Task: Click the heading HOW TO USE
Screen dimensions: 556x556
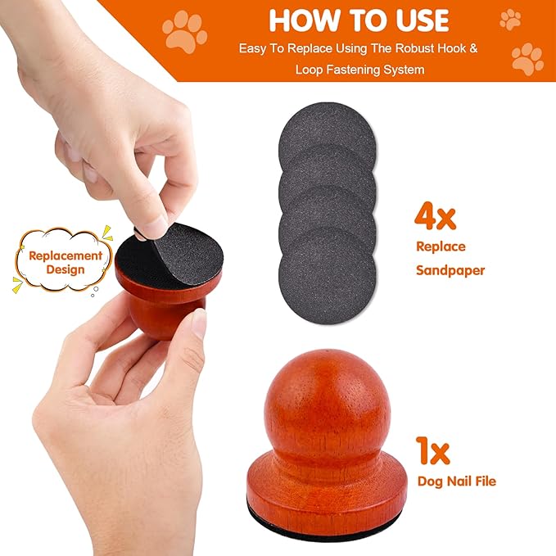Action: tap(359, 20)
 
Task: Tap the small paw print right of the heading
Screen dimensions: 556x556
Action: tap(510, 19)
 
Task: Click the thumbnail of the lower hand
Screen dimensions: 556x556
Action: tap(198, 324)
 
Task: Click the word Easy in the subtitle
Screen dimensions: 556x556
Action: tap(254, 48)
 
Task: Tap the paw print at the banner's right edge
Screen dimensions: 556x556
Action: tap(527, 59)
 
